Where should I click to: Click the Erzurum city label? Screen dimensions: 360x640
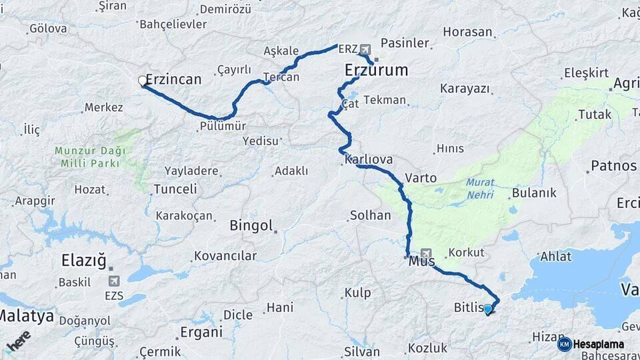point(376,70)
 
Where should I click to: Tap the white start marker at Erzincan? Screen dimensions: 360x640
point(143,81)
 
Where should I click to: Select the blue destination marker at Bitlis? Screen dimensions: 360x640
point(488,309)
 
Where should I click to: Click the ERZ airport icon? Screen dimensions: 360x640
point(365,49)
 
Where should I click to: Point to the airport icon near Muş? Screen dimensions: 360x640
point(426,253)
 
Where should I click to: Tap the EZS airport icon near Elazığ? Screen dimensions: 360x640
point(113,281)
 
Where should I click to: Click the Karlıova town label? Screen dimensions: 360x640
point(369,160)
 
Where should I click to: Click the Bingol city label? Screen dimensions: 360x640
point(251,225)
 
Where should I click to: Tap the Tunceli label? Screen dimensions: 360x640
point(175,189)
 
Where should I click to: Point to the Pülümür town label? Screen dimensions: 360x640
point(223,127)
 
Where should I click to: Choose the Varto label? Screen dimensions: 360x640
point(421,178)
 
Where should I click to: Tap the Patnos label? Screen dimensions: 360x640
point(613,165)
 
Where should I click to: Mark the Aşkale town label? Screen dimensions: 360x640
point(281,51)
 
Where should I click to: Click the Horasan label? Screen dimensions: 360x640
point(467,32)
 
